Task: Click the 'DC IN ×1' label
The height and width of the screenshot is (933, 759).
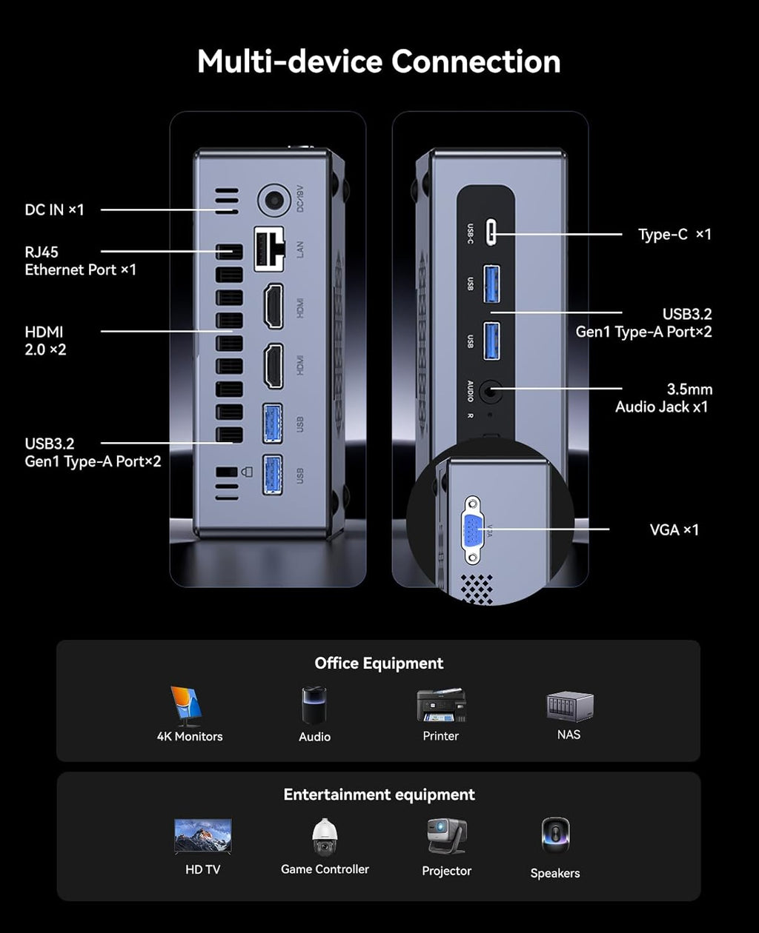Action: (x=55, y=210)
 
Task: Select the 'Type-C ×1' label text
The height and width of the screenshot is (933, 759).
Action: (x=675, y=234)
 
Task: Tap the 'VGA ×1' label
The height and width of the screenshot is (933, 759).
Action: (x=675, y=529)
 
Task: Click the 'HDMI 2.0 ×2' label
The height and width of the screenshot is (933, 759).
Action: (x=45, y=341)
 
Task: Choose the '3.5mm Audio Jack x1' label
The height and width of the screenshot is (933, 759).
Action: (x=662, y=398)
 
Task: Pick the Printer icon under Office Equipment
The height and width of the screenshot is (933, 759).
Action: (x=441, y=705)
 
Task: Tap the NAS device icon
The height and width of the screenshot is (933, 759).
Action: (x=569, y=706)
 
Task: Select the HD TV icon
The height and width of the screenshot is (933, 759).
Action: (x=202, y=837)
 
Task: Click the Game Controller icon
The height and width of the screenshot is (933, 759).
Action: (x=325, y=837)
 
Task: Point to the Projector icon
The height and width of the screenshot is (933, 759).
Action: (x=446, y=837)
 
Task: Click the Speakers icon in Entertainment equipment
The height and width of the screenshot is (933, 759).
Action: (x=555, y=837)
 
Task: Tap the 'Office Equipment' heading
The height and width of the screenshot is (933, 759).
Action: (x=379, y=663)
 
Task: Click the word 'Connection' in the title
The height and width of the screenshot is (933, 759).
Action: (x=476, y=61)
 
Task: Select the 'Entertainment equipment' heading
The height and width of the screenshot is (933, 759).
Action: (x=379, y=795)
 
